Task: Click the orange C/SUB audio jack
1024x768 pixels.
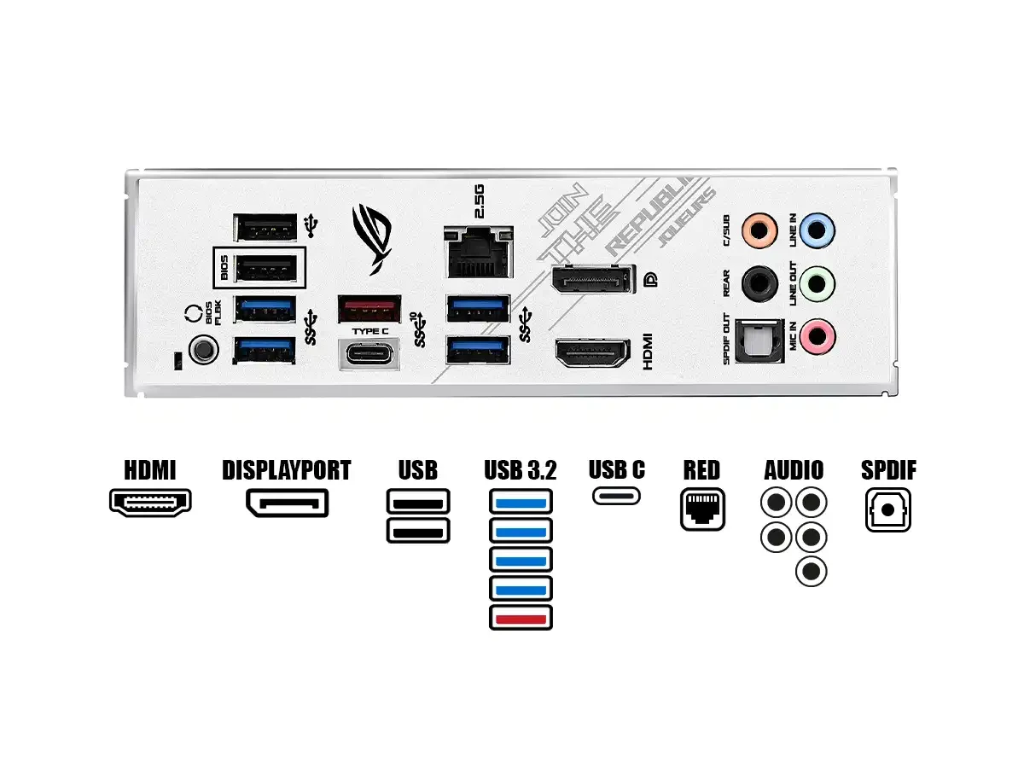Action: click(x=759, y=230)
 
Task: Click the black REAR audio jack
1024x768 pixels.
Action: click(x=759, y=282)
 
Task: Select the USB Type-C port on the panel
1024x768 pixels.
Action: click(x=370, y=353)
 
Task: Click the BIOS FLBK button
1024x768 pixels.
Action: click(x=202, y=348)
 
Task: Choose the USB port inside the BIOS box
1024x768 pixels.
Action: click(x=265, y=270)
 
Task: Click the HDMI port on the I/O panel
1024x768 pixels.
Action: click(x=593, y=353)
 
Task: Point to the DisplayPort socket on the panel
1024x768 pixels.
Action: click(x=593, y=280)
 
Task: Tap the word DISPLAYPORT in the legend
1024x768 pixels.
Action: click(x=287, y=470)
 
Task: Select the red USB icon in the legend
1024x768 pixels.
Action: click(x=521, y=617)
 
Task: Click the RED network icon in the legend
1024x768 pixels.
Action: click(x=702, y=509)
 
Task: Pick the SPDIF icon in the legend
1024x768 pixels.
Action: click(x=887, y=509)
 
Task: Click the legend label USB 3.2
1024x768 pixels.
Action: click(x=521, y=470)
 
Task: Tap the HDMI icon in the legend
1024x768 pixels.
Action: click(x=150, y=502)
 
